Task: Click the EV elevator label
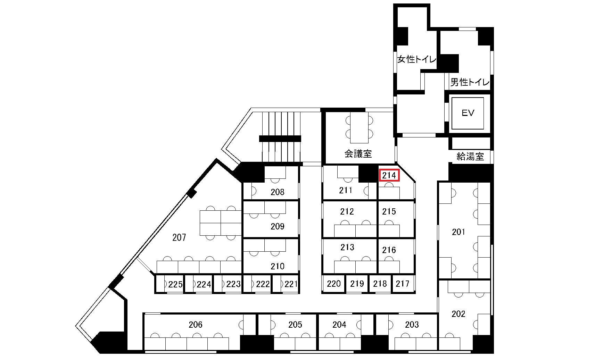coord(468,113)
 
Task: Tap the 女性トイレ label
coord(417,59)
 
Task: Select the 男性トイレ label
coord(470,82)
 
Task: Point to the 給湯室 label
coord(470,157)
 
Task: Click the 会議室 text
coord(358,153)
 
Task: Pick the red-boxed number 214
coord(389,175)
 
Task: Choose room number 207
coord(179,237)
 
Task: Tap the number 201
coord(459,232)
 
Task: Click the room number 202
coord(459,314)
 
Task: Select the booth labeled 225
coord(175,285)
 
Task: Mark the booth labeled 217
coord(403,284)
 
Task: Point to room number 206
coord(196,325)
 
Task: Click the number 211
coord(346,190)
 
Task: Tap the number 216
coord(389,250)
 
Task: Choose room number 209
coord(278,226)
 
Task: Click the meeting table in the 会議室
coord(359,127)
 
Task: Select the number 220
coord(334,284)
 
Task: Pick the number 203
coord(412,325)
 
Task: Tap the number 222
coord(263,284)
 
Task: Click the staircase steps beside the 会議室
coord(280,137)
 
